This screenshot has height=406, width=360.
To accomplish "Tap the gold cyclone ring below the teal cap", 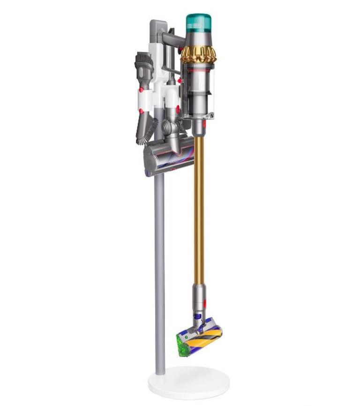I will click(198, 55).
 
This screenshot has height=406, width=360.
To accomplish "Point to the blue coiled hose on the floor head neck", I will click(200, 319).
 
